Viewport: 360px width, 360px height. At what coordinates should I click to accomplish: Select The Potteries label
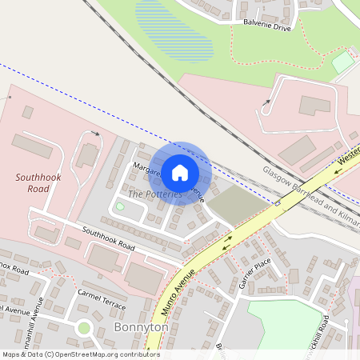click(155, 194)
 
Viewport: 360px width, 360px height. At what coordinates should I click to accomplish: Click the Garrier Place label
click(255, 274)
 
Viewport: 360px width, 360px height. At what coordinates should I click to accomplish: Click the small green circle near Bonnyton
click(83, 327)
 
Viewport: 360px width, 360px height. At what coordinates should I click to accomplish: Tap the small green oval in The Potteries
click(120, 206)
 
